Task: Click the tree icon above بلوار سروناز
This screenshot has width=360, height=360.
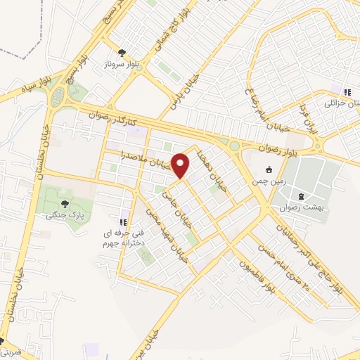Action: tap(122, 52)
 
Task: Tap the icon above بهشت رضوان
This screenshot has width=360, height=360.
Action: tap(302, 195)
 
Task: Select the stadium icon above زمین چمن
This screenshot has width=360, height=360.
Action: tap(268, 169)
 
